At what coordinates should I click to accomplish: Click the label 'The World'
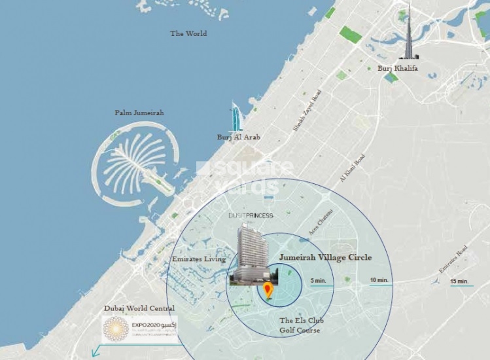pos(188,33)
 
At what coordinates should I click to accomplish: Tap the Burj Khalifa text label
pos(398,67)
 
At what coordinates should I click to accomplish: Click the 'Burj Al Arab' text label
pos(239,137)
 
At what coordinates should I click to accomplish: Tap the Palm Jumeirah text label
pos(139,113)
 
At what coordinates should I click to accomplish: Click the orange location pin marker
pos(267,291)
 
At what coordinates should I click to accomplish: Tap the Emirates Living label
pos(198,259)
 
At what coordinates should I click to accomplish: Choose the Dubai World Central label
pos(139,308)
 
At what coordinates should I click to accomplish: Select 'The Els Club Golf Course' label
pos(301,325)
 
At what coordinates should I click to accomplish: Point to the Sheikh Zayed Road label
pos(307,111)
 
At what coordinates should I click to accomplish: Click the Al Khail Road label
pos(352,168)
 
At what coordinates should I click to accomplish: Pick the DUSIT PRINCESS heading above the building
pos(251,215)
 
